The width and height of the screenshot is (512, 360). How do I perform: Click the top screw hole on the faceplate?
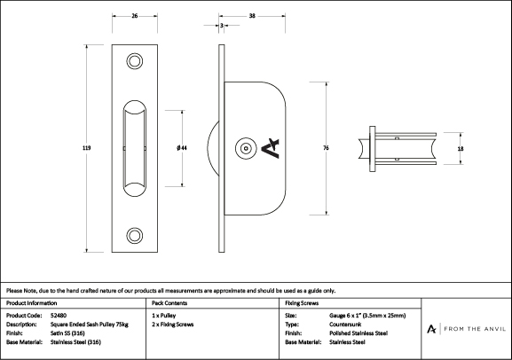pos(135,61)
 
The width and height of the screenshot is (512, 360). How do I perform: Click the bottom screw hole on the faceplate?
pos(135,235)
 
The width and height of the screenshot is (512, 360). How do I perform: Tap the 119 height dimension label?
pos(87,148)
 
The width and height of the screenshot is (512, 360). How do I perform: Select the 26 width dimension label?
pos(135,16)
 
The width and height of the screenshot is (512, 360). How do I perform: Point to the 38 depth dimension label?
pos(252,16)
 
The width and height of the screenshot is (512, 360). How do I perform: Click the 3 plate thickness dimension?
pos(222,25)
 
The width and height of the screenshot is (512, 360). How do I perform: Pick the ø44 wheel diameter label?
pos(182,148)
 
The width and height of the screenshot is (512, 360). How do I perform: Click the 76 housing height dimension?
pos(326,148)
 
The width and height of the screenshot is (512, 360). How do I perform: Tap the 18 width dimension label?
pos(461,149)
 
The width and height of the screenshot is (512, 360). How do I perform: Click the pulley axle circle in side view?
pos(246,148)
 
